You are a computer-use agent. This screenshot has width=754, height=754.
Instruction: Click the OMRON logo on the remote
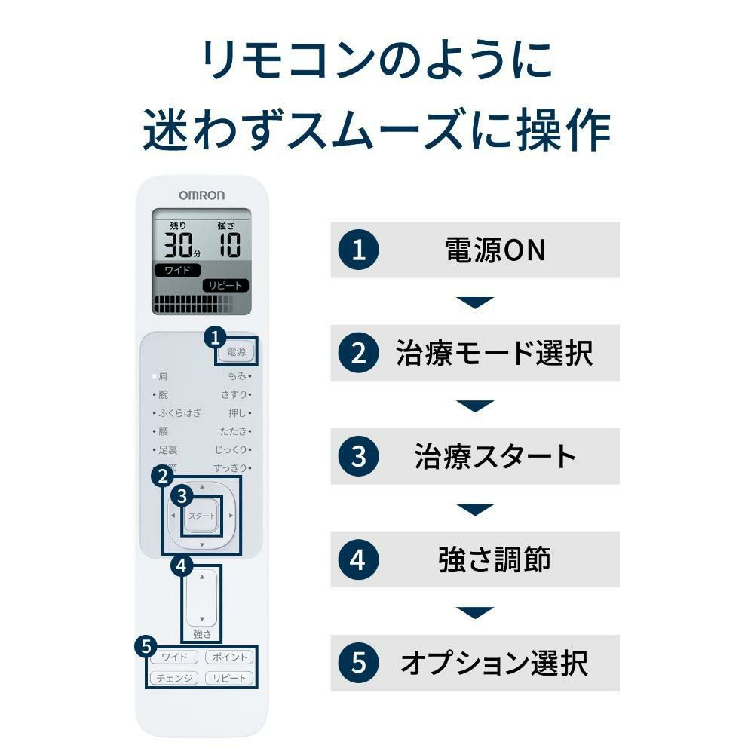click(201, 195)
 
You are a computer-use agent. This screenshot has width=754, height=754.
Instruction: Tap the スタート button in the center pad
click(201, 516)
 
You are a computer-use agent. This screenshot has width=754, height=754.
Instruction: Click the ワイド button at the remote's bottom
click(174, 657)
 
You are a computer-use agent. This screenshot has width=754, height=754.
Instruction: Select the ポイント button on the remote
click(228, 657)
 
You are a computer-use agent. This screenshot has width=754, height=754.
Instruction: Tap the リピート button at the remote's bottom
click(228, 678)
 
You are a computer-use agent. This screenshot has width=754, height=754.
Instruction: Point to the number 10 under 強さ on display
click(225, 245)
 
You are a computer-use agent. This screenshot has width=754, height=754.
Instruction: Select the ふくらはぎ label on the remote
click(179, 413)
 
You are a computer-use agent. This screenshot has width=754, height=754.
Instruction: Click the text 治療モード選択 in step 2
click(494, 353)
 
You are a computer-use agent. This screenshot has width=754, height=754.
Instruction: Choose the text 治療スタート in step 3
click(495, 456)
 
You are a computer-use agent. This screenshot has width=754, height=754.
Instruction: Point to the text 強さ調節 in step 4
click(494, 559)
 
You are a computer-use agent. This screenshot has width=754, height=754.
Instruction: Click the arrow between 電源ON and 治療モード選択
click(475, 302)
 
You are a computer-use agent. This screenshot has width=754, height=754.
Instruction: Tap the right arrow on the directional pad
click(231, 516)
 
